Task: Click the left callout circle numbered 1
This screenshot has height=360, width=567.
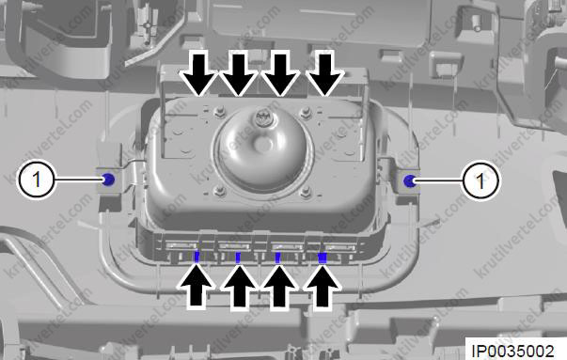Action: [x=36, y=179]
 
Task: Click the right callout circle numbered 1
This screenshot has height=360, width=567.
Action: [x=480, y=180]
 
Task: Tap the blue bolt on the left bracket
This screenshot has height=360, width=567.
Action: [x=108, y=180]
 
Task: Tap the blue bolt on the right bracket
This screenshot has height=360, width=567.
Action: [x=410, y=180]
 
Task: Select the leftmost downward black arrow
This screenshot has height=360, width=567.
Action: [x=199, y=73]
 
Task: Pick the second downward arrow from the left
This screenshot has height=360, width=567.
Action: [x=239, y=73]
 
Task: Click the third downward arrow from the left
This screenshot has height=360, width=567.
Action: [x=280, y=73]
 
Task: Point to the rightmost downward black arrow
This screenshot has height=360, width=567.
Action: [x=324, y=73]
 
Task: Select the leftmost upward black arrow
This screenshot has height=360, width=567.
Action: [x=197, y=287]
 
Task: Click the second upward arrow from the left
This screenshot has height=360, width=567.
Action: [x=239, y=287]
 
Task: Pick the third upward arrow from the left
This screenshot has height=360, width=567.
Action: [x=279, y=287]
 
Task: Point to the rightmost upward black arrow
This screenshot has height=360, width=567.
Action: [x=323, y=287]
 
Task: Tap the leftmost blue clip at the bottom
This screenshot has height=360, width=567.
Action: [x=197, y=257]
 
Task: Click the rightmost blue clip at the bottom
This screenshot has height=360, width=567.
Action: [x=323, y=258]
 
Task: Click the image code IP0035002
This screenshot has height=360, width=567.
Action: [x=512, y=351]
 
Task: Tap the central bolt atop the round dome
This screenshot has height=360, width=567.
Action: [x=261, y=117]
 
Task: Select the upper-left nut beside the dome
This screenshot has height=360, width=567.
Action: [x=219, y=111]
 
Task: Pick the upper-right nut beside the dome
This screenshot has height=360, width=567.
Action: [x=306, y=112]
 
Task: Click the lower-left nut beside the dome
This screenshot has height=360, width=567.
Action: [x=218, y=191]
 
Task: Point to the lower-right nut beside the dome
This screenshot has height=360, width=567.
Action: [x=306, y=192]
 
